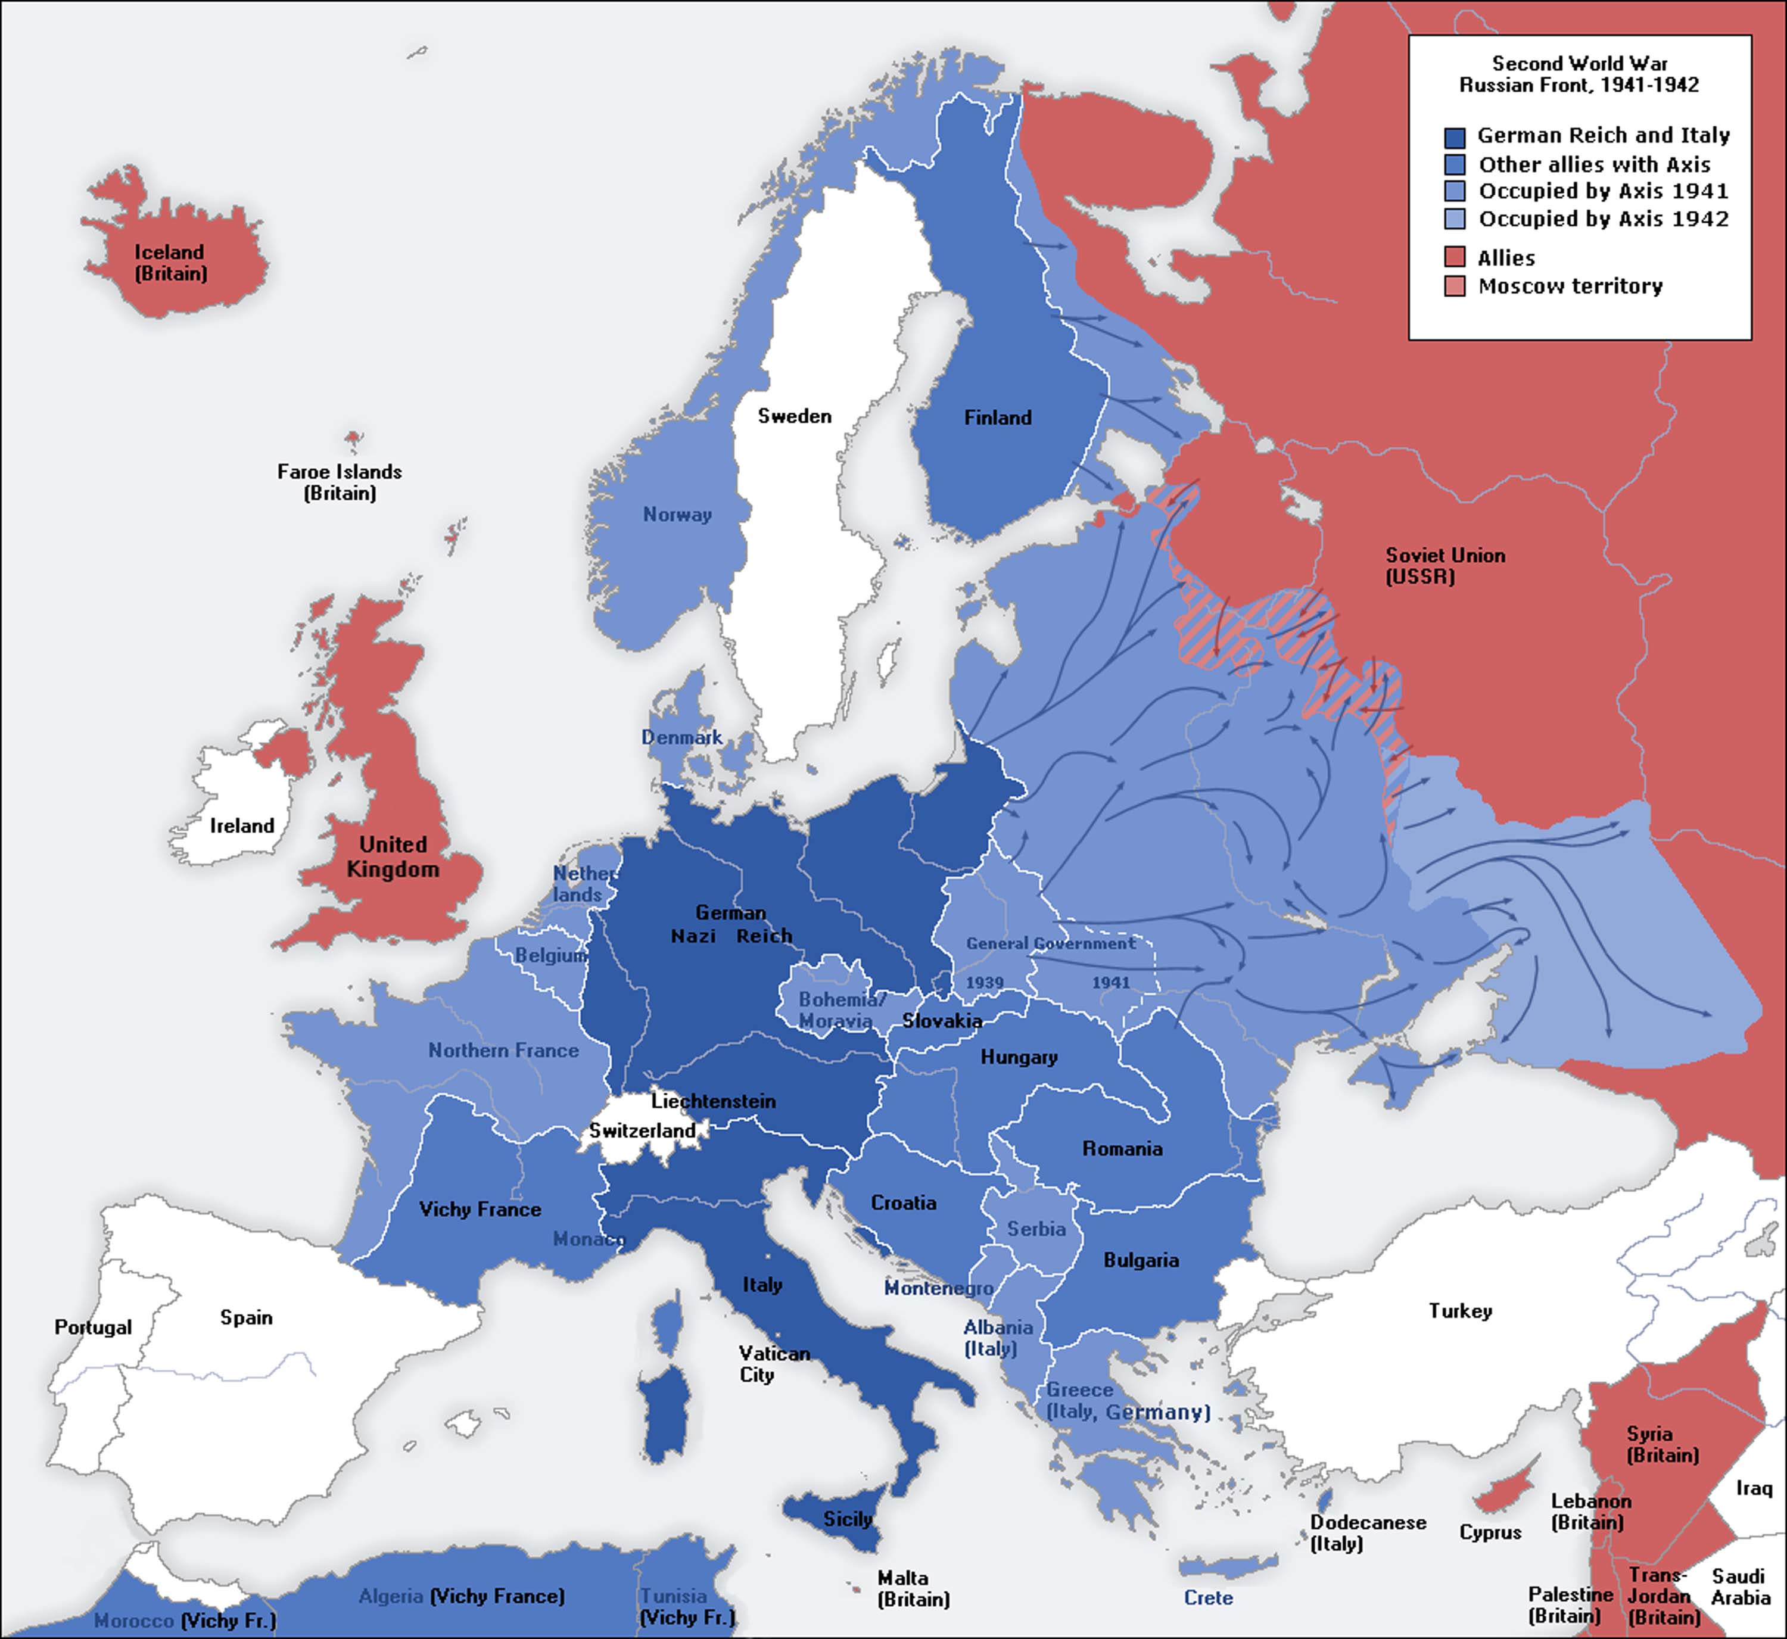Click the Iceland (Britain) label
[x=170, y=263]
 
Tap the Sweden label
[x=794, y=416]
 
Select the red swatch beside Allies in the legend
[x=1455, y=257]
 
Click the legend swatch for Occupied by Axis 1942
[x=1455, y=219]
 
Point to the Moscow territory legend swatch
[x=1455, y=286]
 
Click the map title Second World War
[x=1580, y=64]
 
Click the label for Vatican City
[x=774, y=1363]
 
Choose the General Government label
[x=1050, y=943]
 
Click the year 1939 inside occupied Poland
[x=985, y=983]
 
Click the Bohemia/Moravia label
[x=840, y=1010]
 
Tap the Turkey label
[x=1460, y=1311]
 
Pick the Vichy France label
[x=480, y=1210]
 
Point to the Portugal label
[x=93, y=1327]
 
